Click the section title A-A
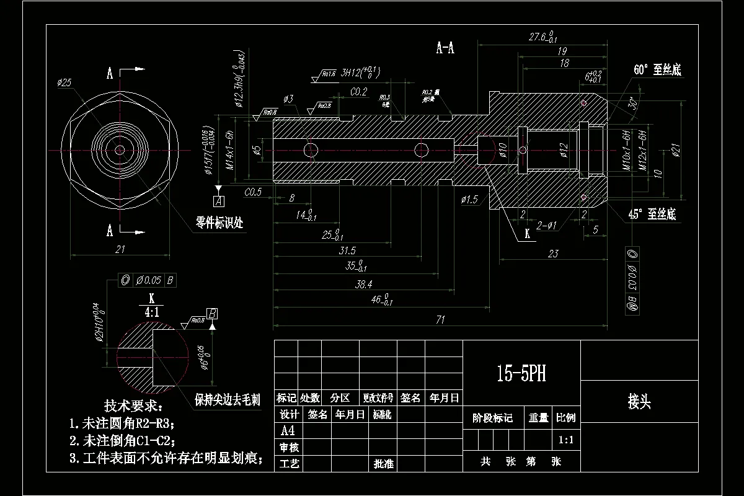[x=445, y=48]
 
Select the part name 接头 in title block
[x=639, y=402]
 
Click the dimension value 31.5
[x=347, y=250]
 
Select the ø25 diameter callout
[x=64, y=82]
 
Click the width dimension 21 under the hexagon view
[x=120, y=249]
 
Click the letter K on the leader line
[x=527, y=234]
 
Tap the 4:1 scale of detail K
[x=151, y=312]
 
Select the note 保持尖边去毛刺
[x=227, y=400]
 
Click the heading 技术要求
[x=133, y=406]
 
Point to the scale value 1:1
[x=565, y=440]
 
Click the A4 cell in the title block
[x=286, y=430]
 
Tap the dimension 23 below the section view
[x=553, y=253]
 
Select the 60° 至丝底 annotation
[x=657, y=70]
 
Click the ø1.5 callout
[x=469, y=199]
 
